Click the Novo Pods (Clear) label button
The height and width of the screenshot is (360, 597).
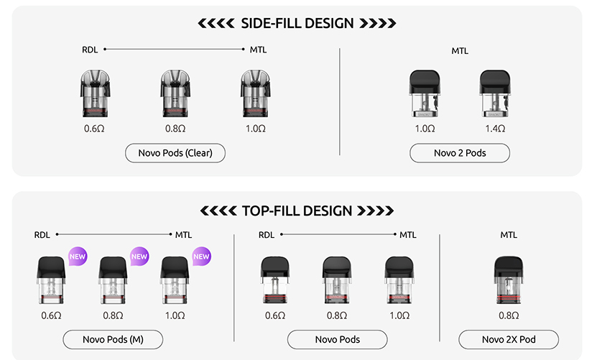pyautogui.click(x=175, y=153)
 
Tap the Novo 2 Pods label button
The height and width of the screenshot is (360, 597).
pyautogui.click(x=460, y=153)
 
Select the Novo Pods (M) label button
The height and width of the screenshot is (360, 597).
pyautogui.click(x=113, y=339)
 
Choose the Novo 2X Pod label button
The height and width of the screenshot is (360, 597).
pyautogui.click(x=509, y=339)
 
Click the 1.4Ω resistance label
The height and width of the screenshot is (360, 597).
pyautogui.click(x=495, y=129)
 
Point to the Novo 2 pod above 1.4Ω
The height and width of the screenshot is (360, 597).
pyautogui.click(x=495, y=93)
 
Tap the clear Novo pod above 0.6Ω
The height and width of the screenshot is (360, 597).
pyautogui.click(x=95, y=93)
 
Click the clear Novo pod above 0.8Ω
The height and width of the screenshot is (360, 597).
pyautogui.click(x=175, y=93)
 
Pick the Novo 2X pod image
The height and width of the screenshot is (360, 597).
pyautogui.click(x=509, y=280)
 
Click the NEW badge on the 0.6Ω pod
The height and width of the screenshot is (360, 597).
pyautogui.click(x=78, y=257)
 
